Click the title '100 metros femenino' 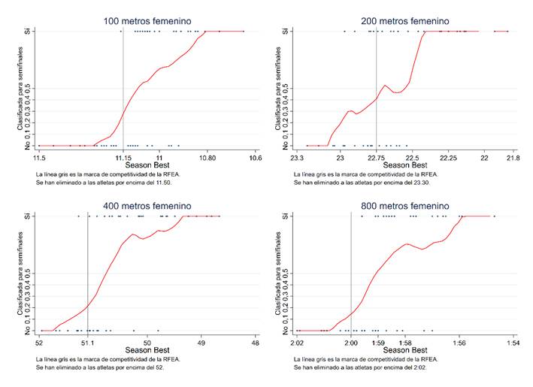(x=147, y=21)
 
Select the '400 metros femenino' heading (x=147, y=206)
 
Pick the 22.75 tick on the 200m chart (x=376, y=158)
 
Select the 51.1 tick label (x=88, y=343)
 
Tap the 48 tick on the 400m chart (x=256, y=343)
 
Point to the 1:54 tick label (x=514, y=343)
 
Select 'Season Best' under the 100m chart (x=147, y=165)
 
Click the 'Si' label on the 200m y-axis (x=287, y=32)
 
